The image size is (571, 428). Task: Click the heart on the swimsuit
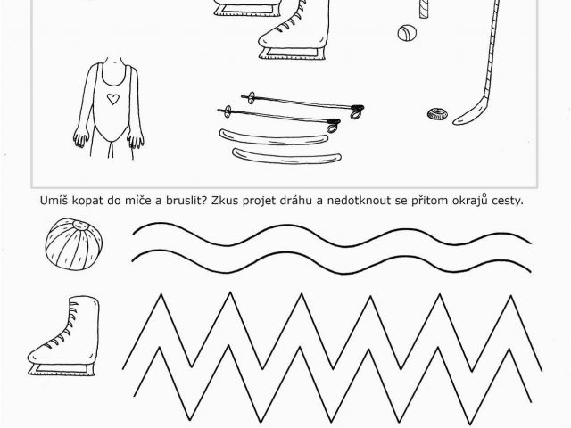[113, 99]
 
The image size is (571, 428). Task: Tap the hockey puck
[437, 114]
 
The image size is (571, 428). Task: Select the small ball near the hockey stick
[407, 33]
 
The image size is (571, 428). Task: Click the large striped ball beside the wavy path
[73, 243]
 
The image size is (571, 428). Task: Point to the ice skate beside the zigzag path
[64, 335]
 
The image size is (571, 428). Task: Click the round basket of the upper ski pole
[252, 97]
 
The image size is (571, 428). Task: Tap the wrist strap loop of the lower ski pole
[332, 128]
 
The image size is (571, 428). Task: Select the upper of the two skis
[274, 137]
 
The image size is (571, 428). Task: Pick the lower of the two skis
[287, 157]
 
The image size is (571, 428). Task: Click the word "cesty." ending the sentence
[508, 201]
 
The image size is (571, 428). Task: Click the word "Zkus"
[225, 200]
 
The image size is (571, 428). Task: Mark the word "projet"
[259, 202]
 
